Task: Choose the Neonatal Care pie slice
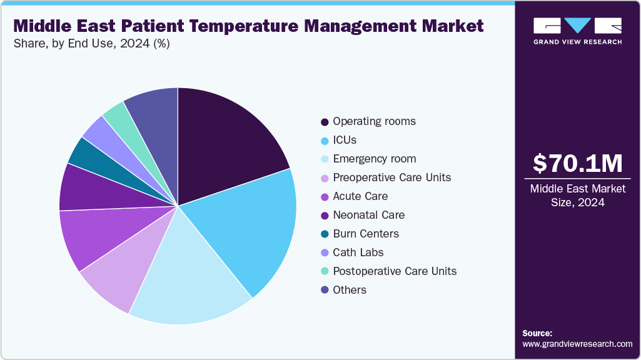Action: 88,187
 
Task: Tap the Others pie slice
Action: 153,109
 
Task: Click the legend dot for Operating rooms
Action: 325,122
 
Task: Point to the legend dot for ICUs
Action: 325,141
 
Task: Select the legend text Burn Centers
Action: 366,234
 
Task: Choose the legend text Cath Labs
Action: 358,252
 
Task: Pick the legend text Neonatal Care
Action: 368,215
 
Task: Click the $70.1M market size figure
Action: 577,164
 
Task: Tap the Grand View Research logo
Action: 577,31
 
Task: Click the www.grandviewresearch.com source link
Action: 577,344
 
